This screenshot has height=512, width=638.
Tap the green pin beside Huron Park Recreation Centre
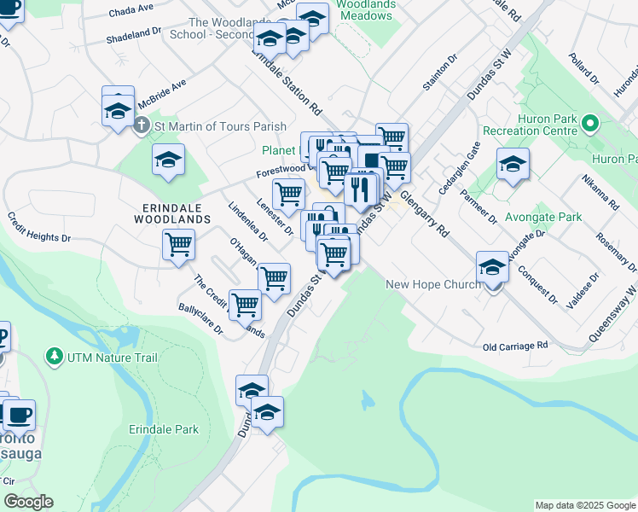point(589,125)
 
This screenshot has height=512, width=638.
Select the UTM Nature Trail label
point(104,354)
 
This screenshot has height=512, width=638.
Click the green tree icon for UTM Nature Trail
point(55,354)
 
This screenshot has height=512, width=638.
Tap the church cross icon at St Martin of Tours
point(142,126)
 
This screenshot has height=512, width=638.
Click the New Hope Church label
point(433,284)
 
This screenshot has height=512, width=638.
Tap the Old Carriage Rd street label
point(514,346)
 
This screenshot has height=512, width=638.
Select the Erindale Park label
point(163,429)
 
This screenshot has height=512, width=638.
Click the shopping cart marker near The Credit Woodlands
point(245,304)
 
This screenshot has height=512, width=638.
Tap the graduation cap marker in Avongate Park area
point(512,163)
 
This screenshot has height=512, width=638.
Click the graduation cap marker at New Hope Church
point(492,268)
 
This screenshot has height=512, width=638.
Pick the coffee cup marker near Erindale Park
point(19,416)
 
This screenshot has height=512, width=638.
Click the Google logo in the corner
point(28,502)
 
